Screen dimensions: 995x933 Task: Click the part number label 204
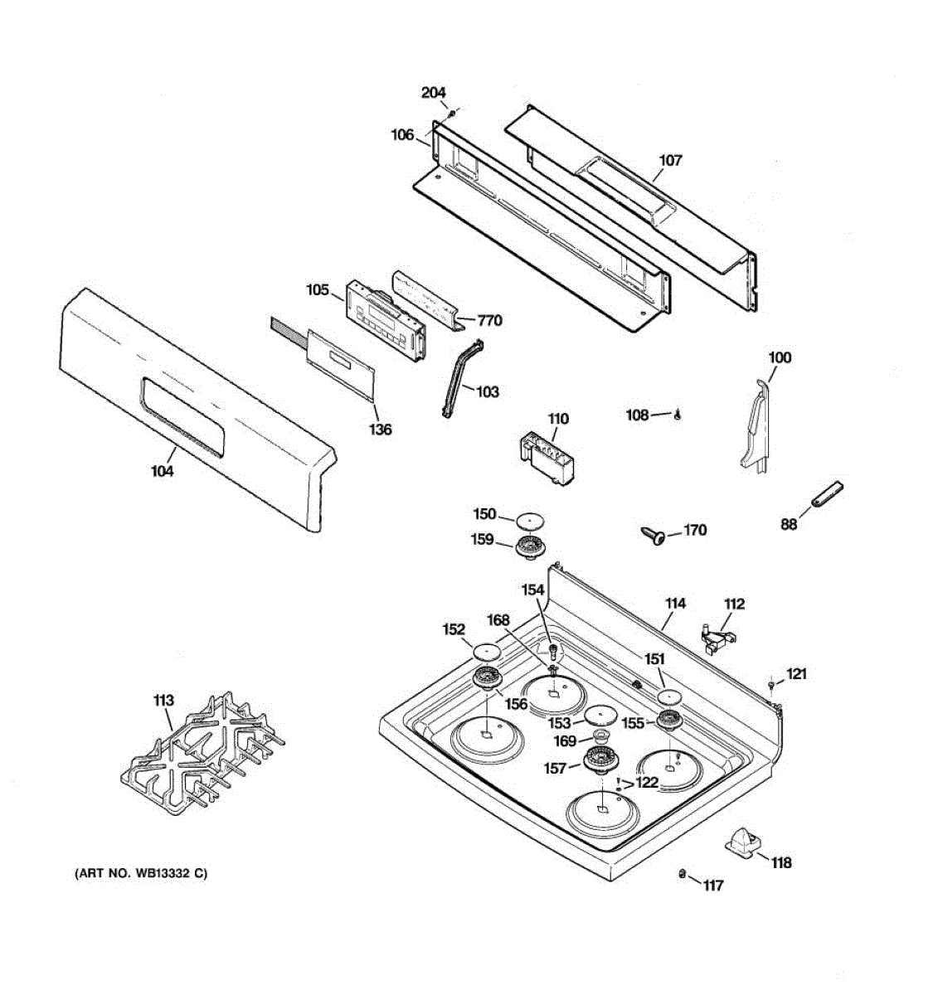click(x=433, y=93)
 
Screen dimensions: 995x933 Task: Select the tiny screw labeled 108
click(x=678, y=415)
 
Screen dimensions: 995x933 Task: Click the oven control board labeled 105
click(x=386, y=320)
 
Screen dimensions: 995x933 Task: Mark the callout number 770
click(x=489, y=320)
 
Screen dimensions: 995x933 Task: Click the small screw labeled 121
click(x=772, y=684)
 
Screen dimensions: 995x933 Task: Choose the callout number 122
click(x=646, y=782)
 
